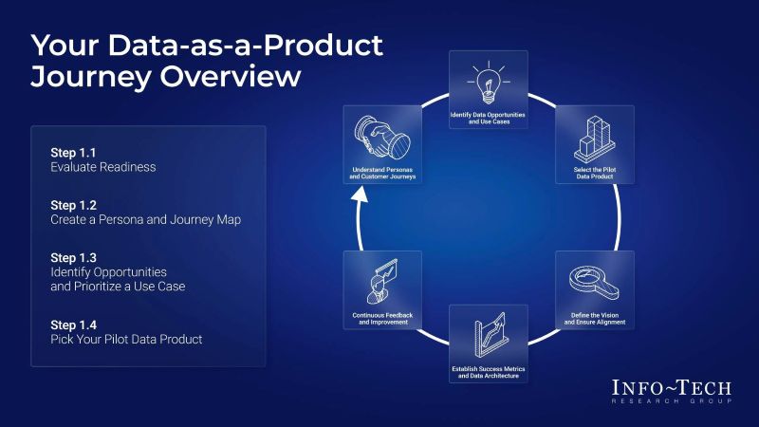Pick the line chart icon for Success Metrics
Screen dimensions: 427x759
[488, 333]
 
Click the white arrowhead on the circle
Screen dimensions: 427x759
[359, 195]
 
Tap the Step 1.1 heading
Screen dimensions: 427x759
[74, 152]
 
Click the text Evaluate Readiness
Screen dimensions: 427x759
[102, 167]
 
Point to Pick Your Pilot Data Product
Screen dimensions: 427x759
[126, 338]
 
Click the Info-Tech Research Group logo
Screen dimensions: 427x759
[673, 392]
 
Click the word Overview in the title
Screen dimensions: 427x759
[241, 76]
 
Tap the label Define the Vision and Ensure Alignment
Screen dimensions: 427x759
[594, 319]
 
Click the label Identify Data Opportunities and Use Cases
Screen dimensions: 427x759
[488, 118]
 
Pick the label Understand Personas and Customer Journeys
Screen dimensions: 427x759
[383, 173]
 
